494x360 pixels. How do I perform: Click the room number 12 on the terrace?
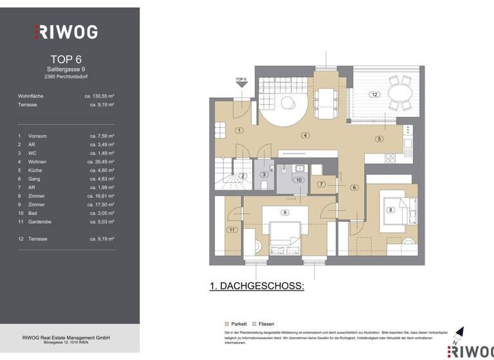(374, 94)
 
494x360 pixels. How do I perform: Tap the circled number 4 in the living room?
(305, 135)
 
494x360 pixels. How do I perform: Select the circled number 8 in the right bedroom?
(390, 210)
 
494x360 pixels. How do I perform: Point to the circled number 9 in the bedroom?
(284, 213)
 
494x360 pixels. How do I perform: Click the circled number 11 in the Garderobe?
(230, 230)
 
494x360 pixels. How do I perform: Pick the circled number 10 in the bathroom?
(298, 180)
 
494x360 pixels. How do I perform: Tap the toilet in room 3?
(264, 184)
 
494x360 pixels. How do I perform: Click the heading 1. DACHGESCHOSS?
(257, 286)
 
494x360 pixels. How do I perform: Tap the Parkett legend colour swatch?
(227, 324)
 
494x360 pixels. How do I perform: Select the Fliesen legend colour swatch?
(255, 324)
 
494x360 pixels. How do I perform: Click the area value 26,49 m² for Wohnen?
(101, 161)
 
